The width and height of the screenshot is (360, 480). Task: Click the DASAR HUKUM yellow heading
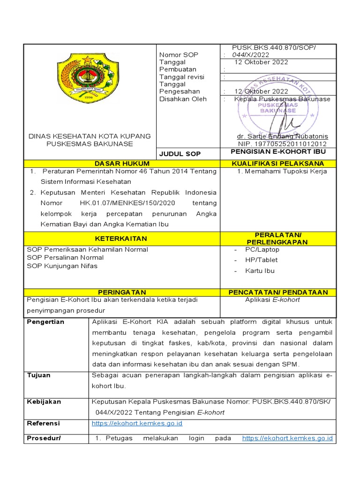(x=122, y=163)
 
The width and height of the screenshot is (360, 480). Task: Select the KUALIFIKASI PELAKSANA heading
(x=278, y=163)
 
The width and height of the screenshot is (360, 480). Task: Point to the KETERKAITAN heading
(x=122, y=238)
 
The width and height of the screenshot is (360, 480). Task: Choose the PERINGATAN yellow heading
(x=122, y=292)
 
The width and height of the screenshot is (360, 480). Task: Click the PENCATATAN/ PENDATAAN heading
(x=278, y=292)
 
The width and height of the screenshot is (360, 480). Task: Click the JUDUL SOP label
(x=173, y=154)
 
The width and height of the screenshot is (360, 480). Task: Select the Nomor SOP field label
(x=179, y=55)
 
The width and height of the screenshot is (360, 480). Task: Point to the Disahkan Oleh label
(x=183, y=99)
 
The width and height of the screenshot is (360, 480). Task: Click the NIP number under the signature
(x=282, y=144)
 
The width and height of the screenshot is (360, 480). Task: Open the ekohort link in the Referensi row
(x=137, y=423)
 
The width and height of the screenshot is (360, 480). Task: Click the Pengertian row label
(x=45, y=322)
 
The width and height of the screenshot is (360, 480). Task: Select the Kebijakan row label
(x=44, y=402)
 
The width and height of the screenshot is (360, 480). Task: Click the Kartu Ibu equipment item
(x=260, y=270)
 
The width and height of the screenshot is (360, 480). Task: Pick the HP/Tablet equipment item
(x=261, y=260)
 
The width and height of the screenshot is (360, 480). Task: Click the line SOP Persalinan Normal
(x=65, y=257)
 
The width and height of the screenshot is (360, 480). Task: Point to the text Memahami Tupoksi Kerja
(x=282, y=171)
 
